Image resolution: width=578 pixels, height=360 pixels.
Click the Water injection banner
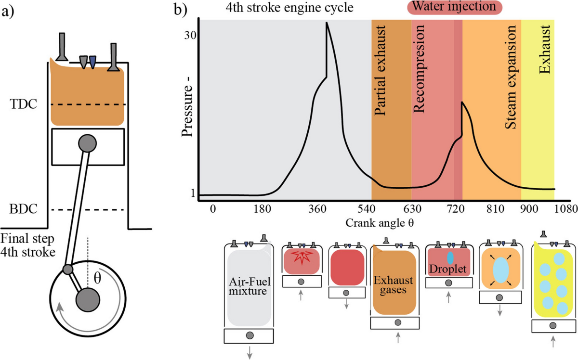456,7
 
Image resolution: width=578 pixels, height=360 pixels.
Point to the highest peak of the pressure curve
327,23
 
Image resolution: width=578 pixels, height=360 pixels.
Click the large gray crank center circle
88,299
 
